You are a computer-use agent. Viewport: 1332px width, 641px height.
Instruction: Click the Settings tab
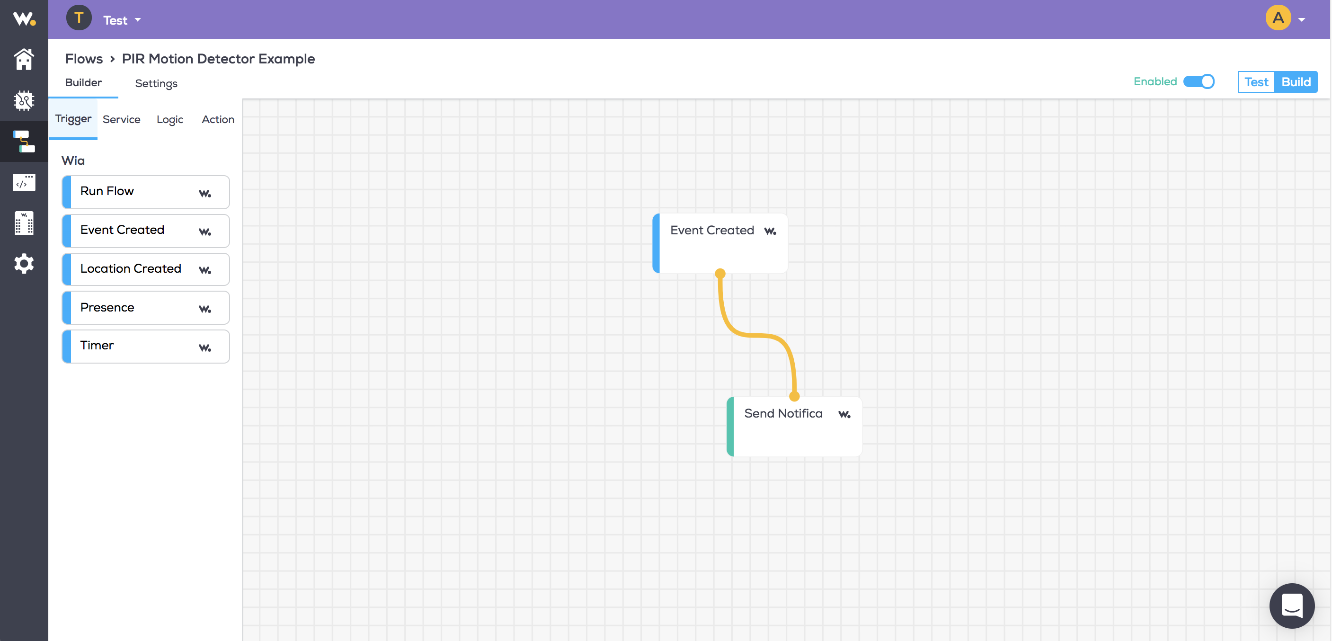(x=156, y=83)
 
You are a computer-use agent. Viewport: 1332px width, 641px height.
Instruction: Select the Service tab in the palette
(x=122, y=119)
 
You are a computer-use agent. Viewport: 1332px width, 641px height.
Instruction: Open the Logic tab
(x=169, y=119)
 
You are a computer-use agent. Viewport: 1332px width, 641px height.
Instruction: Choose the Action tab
(x=218, y=119)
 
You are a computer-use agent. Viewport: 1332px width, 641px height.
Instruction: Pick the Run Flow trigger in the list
(x=146, y=192)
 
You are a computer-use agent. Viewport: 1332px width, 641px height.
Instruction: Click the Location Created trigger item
(x=146, y=269)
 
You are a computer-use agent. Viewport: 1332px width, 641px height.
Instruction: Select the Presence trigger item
(x=146, y=308)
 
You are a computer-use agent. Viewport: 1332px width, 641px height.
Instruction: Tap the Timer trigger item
(x=146, y=346)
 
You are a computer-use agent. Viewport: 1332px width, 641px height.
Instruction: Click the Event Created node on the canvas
(x=720, y=243)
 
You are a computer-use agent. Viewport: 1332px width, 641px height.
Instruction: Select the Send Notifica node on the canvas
(x=794, y=426)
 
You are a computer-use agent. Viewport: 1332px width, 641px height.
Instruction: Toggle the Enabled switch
(x=1199, y=82)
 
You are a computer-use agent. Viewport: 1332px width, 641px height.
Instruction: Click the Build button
(x=1296, y=82)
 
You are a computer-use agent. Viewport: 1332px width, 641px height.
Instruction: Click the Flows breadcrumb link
(x=84, y=59)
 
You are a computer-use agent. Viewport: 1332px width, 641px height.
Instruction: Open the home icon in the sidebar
(x=24, y=59)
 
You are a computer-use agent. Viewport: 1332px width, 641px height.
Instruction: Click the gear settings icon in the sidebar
(x=24, y=264)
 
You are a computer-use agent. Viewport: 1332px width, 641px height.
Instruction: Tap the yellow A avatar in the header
(x=1278, y=18)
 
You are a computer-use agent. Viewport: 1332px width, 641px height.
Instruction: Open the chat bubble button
(x=1292, y=606)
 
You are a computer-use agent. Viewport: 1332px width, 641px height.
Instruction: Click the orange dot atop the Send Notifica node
(x=794, y=396)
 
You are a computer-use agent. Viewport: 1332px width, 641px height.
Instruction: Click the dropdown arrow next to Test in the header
(x=138, y=20)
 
